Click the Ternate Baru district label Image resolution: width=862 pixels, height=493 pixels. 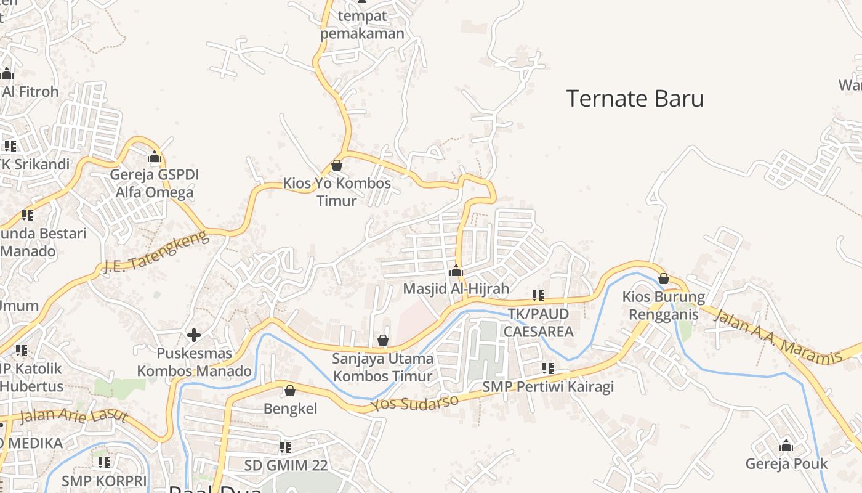635,99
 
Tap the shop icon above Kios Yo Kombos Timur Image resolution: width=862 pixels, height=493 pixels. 337,165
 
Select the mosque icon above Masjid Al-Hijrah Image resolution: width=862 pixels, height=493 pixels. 456,271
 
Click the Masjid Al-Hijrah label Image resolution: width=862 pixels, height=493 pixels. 456,288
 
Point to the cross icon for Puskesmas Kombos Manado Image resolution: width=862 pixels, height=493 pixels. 194,335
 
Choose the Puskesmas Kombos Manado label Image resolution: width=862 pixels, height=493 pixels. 194,362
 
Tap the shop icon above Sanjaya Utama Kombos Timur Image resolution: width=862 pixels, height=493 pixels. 383,340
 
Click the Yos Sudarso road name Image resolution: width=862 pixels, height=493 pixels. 415,403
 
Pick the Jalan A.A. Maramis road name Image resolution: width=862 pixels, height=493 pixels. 777,336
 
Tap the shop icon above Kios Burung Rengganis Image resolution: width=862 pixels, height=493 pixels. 664,279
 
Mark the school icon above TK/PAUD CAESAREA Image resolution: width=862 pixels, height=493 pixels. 538,296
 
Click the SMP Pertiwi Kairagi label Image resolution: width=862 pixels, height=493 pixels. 548,387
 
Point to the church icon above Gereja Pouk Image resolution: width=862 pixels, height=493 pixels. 786,446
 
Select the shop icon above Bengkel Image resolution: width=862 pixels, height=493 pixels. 290,391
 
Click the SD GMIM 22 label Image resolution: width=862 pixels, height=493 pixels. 286,465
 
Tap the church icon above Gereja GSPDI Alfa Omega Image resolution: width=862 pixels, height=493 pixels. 155,157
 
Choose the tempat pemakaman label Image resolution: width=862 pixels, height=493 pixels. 362,25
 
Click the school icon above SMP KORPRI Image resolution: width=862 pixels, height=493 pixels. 104,462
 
